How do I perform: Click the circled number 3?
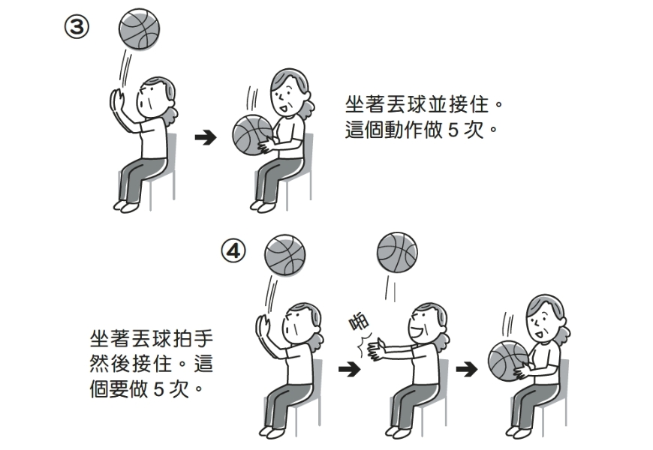click(77, 28)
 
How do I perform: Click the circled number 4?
click(233, 250)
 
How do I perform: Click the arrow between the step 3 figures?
click(205, 138)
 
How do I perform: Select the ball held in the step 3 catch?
click(252, 136)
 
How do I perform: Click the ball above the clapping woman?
click(397, 252)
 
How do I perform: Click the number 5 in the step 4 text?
click(158, 390)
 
